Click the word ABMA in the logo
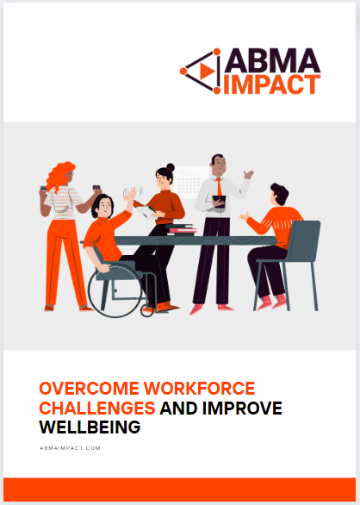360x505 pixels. [x=272, y=60]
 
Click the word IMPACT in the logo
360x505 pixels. [x=272, y=84]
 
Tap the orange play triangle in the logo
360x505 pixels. [x=207, y=72]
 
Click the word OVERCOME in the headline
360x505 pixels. [x=89, y=389]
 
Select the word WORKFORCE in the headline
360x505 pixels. [x=199, y=389]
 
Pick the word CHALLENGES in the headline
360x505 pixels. [x=97, y=408]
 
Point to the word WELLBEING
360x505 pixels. [x=90, y=427]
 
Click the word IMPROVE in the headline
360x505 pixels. [x=242, y=408]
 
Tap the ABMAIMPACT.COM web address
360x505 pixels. [x=71, y=448]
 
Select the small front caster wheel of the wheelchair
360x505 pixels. [x=146, y=310]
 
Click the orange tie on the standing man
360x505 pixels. [x=219, y=186]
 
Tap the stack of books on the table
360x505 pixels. [x=181, y=229]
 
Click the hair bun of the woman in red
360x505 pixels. [x=171, y=167]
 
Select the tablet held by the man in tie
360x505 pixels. [x=219, y=200]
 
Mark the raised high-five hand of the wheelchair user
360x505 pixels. [x=132, y=193]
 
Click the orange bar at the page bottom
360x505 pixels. [x=180, y=489]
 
